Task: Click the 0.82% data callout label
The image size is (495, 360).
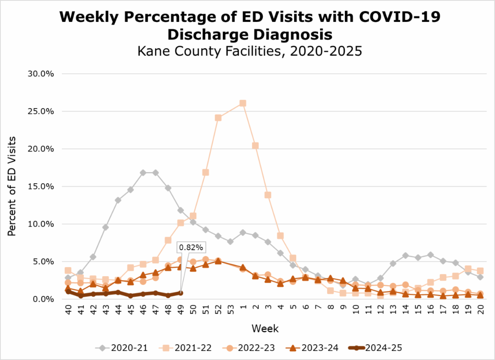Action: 191,247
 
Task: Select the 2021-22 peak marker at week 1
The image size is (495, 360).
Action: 243,103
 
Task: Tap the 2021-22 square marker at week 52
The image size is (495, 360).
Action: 218,118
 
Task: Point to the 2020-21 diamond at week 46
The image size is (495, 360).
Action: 143,173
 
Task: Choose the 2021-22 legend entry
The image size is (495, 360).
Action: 187,348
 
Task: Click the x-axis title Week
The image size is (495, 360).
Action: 265,329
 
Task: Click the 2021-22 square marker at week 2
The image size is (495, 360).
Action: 255,146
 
